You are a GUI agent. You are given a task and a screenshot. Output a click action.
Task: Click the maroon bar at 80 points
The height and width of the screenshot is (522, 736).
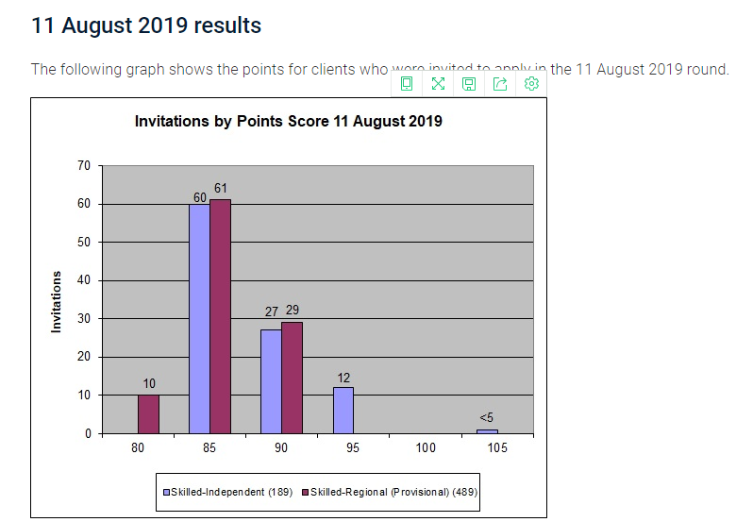(149, 414)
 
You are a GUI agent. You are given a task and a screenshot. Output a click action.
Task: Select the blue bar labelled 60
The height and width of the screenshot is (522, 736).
(199, 319)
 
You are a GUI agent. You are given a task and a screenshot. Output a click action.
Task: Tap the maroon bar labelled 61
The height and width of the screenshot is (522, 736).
(220, 317)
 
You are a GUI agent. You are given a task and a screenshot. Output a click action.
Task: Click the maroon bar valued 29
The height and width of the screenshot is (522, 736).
(292, 378)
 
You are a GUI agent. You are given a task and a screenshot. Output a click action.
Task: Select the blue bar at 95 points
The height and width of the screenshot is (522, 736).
(343, 411)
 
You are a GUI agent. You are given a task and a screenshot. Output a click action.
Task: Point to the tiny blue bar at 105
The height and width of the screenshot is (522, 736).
(487, 431)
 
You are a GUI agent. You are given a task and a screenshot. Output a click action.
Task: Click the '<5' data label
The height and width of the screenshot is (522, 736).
(487, 418)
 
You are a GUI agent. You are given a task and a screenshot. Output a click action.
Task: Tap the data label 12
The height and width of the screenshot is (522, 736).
(343, 378)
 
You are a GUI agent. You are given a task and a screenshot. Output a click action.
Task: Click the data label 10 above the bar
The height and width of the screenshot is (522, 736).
(149, 383)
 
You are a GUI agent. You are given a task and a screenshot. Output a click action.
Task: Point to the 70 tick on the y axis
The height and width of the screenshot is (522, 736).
(84, 166)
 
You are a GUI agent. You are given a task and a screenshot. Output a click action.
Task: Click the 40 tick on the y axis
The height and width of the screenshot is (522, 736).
(84, 280)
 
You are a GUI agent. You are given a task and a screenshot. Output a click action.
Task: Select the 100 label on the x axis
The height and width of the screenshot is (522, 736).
(426, 448)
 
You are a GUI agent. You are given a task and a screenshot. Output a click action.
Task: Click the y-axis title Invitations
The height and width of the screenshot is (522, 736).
(57, 301)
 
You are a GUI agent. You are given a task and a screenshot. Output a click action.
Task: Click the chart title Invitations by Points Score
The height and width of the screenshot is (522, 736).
(288, 122)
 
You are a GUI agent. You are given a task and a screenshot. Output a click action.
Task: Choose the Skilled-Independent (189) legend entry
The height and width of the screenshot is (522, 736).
(230, 492)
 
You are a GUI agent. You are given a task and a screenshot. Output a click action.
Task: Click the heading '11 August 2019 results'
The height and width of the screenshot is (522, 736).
(146, 26)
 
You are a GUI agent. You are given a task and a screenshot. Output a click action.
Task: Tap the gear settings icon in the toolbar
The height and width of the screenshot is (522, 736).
(531, 84)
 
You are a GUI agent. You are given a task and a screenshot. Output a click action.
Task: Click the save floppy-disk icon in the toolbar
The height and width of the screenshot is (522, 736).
(469, 84)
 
